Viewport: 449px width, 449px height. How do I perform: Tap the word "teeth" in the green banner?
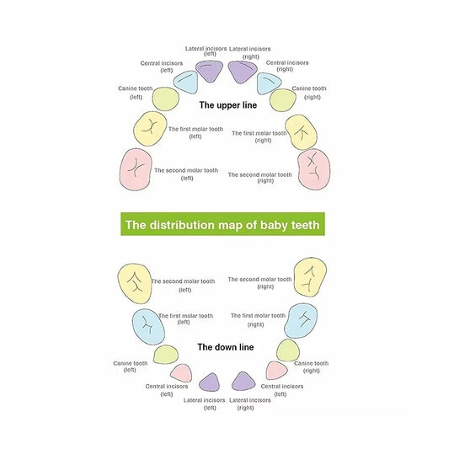click(x=305, y=225)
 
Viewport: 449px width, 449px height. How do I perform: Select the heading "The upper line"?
click(x=228, y=105)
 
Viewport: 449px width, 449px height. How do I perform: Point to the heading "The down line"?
click(x=226, y=347)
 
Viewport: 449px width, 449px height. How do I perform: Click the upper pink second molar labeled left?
click(x=136, y=169)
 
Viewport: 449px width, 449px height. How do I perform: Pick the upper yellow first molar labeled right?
click(x=301, y=131)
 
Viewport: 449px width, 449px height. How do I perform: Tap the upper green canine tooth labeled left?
click(x=165, y=99)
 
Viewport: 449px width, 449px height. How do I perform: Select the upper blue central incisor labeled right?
click(x=269, y=83)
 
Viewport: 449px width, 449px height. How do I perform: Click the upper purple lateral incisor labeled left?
click(x=209, y=71)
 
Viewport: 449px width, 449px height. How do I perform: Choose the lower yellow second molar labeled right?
click(x=310, y=276)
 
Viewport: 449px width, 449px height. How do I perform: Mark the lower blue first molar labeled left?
click(x=148, y=327)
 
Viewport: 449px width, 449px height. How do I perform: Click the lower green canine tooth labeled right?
click(x=288, y=350)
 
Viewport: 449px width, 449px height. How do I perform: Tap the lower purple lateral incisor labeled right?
click(x=243, y=382)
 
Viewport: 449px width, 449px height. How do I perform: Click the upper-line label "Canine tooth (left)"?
click(x=136, y=93)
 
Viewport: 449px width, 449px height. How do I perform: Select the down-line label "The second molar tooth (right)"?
click(x=259, y=283)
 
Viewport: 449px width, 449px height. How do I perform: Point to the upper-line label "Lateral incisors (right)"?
click(x=250, y=53)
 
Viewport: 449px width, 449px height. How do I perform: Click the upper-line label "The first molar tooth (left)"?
click(x=195, y=132)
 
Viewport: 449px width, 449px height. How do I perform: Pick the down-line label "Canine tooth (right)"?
click(x=311, y=366)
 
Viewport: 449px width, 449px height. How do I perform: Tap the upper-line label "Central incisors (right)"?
click(x=287, y=66)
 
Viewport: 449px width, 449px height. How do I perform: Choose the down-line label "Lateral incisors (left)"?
click(x=204, y=404)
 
